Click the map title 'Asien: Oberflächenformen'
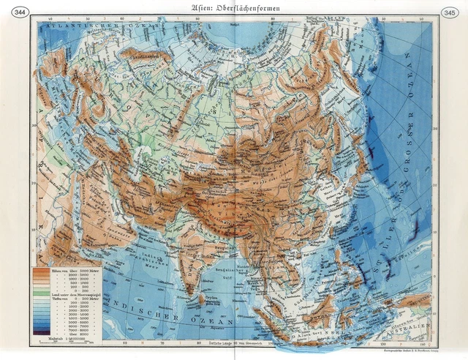234,8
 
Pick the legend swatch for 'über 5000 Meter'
41,270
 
